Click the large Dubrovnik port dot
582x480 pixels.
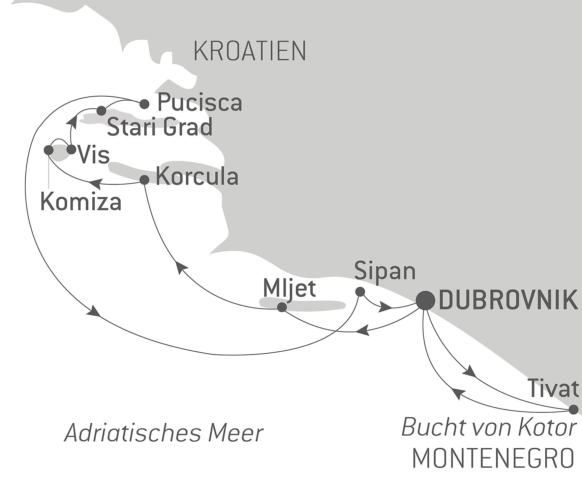pos(425,300)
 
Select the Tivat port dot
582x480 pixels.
pos(573,410)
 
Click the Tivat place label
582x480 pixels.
pos(553,388)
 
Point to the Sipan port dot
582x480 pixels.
pos(360,291)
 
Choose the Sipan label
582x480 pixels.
pos(385,271)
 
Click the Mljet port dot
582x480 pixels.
pos(282,307)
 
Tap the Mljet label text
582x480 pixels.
pos(289,288)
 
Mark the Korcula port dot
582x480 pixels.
pos(144,180)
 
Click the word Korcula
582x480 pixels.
pos(197,177)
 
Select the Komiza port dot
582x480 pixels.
pos(49,150)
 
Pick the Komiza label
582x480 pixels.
pos(81,202)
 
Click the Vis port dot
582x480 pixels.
pos(71,149)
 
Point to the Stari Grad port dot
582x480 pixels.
pos(101,110)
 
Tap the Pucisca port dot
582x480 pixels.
pos(144,104)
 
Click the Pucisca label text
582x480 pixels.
pos(200,103)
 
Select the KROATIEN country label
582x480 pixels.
pos(250,51)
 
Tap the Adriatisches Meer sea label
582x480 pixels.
pos(164,433)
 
